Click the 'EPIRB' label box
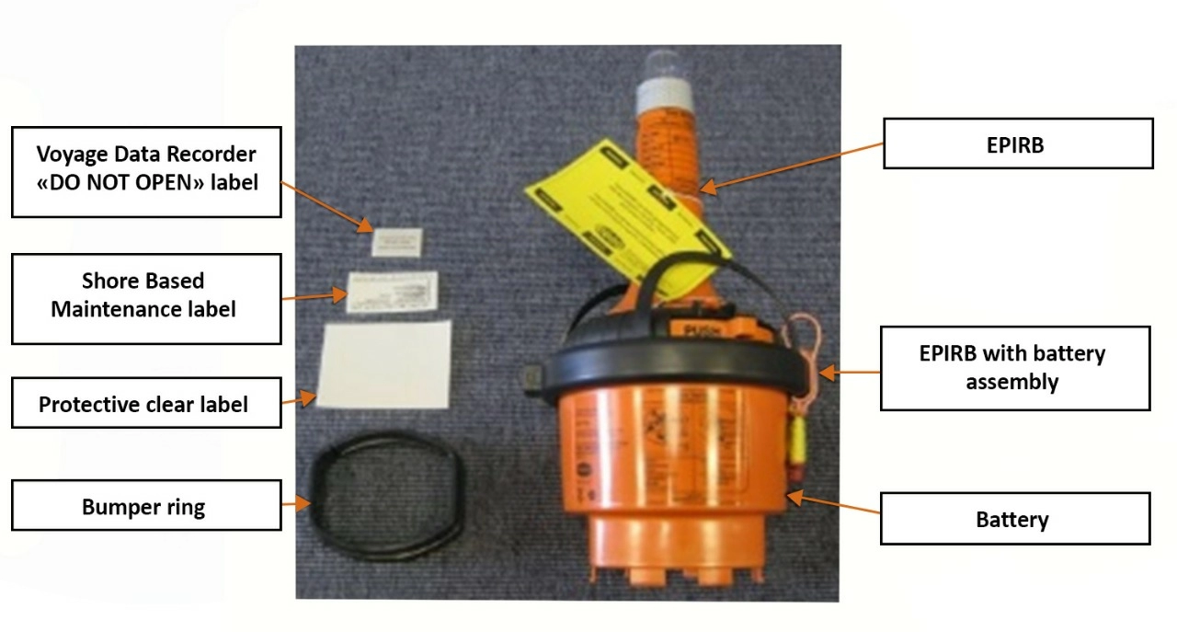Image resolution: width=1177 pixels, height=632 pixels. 1018,144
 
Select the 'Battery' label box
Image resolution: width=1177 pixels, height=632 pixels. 1014,519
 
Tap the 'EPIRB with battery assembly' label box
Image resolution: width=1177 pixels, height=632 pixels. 1015,368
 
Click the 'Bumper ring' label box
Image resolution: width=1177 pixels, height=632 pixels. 145,505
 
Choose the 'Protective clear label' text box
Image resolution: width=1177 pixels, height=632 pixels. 145,403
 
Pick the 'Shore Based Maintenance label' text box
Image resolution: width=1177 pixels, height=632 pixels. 145,294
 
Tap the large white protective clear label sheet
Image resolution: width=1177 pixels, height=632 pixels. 386,362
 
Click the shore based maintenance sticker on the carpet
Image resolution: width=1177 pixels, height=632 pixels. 391,292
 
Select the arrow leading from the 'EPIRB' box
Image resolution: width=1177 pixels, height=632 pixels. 791,166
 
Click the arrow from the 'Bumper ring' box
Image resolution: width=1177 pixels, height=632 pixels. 296,503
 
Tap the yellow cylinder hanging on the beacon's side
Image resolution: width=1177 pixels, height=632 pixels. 793,447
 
